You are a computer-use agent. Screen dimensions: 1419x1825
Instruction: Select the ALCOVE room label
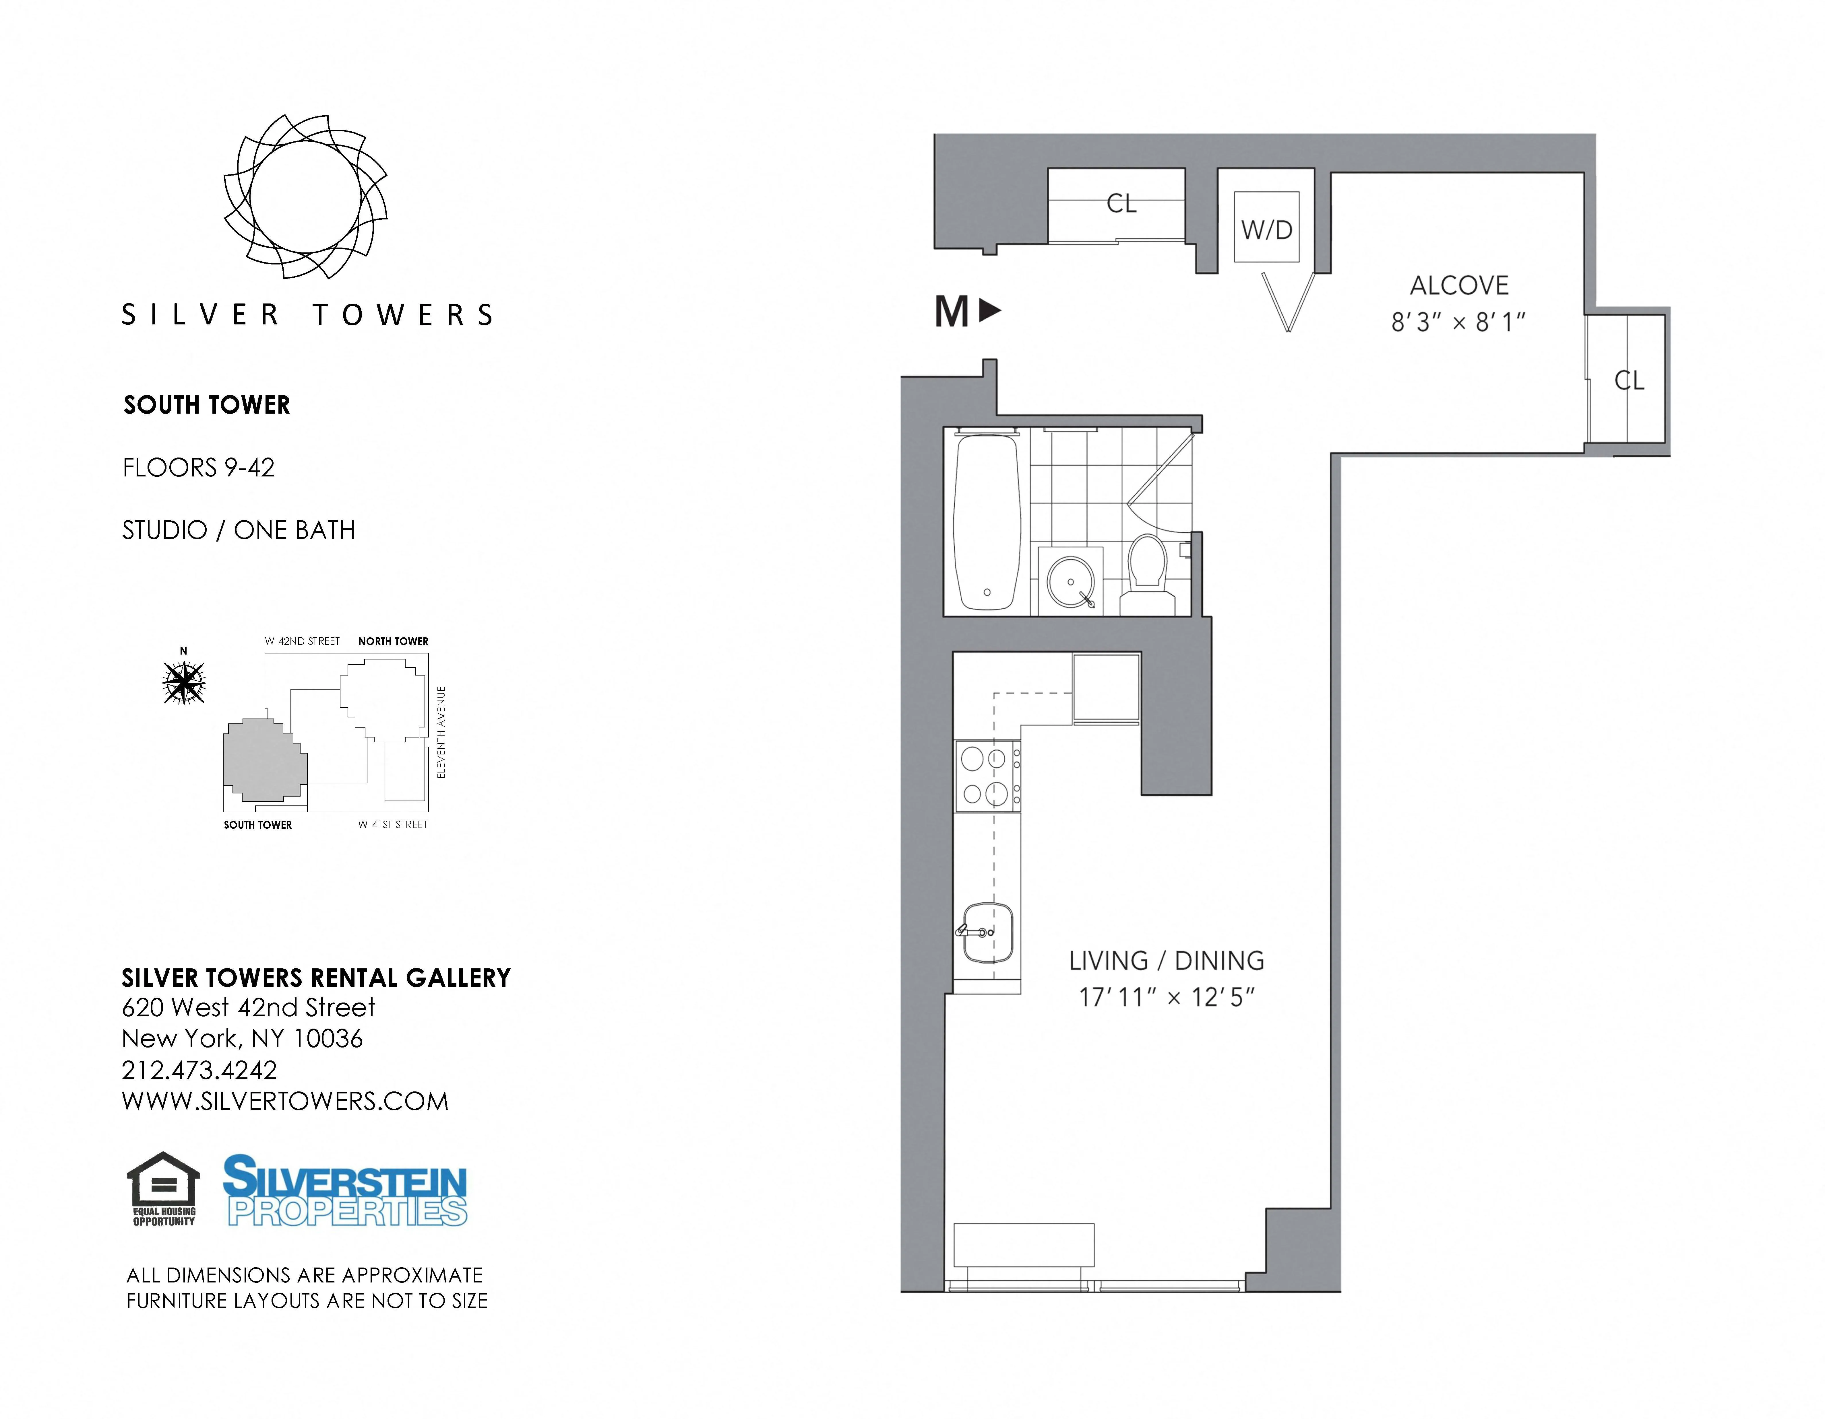(x=1459, y=286)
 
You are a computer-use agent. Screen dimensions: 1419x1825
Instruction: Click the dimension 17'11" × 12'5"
(x=1167, y=997)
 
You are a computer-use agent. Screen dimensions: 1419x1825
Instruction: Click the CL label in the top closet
(x=1121, y=203)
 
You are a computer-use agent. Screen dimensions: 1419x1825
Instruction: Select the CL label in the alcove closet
(x=1629, y=381)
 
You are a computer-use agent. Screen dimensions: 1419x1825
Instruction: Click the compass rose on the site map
(x=184, y=682)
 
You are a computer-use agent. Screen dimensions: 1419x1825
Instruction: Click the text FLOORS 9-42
(x=199, y=468)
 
